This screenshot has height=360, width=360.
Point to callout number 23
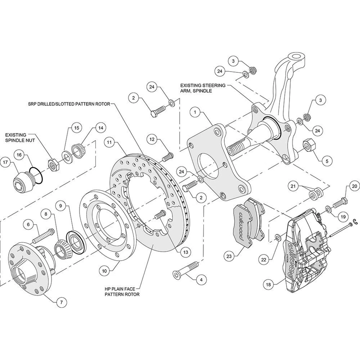[228, 256]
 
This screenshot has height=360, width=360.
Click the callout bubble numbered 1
[196, 111]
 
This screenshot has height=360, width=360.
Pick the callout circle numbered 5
[325, 161]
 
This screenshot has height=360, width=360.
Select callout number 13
[184, 252]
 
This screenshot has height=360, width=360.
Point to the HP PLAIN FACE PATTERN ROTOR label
[122, 291]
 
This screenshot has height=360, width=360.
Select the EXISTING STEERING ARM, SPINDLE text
[202, 88]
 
